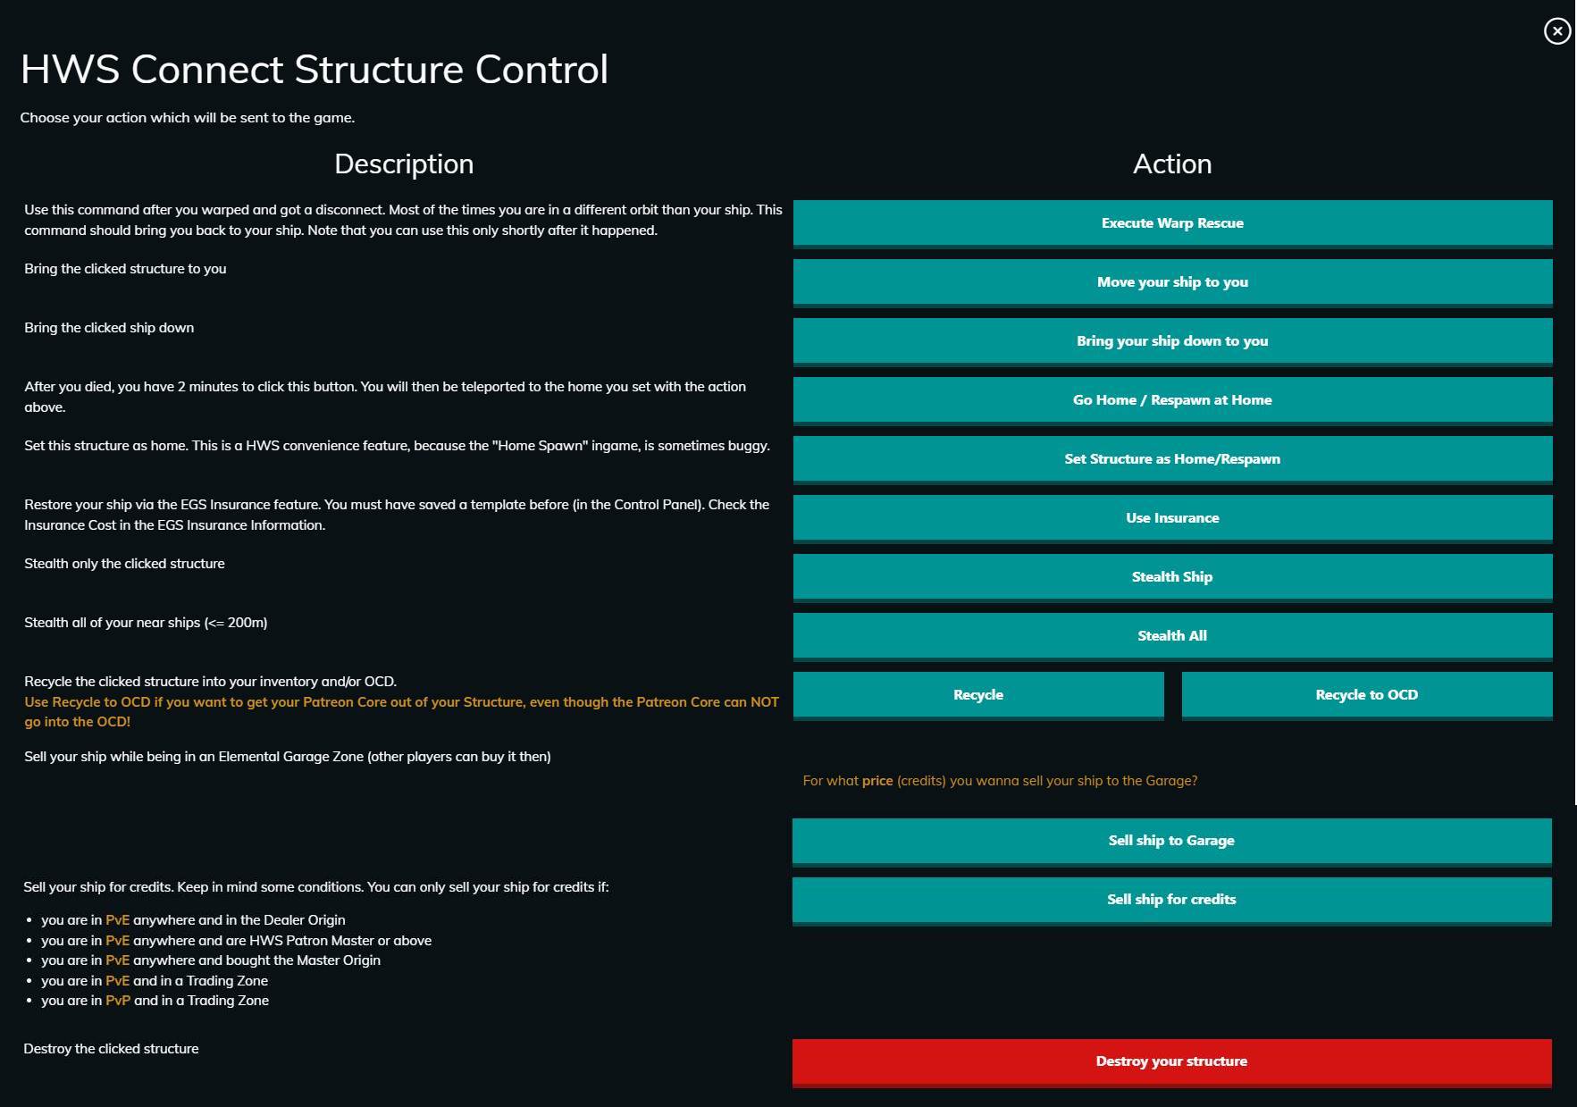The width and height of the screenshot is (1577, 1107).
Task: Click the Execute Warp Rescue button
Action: [x=1172, y=223]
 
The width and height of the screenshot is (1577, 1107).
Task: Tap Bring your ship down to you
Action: [x=1172, y=341]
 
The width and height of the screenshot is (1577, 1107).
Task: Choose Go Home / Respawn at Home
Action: [x=1172, y=400]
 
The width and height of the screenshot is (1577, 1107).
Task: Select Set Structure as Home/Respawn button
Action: [x=1172, y=459]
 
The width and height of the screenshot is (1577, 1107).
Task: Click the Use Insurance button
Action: [x=1172, y=518]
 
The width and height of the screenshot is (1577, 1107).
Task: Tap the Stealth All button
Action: [x=1172, y=636]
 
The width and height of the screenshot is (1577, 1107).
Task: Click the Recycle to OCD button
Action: [x=1367, y=695]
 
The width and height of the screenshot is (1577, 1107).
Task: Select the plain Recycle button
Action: [x=978, y=695]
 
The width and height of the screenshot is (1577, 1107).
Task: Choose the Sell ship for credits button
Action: [x=1171, y=900]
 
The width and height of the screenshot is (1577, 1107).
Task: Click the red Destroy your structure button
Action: [x=1171, y=1062]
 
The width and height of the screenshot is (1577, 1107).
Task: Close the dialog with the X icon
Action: [x=1557, y=31]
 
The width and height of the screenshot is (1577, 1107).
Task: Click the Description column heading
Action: [x=404, y=164]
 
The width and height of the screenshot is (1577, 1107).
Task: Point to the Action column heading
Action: [x=1172, y=164]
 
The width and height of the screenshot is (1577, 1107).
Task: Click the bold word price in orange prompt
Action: [x=877, y=782]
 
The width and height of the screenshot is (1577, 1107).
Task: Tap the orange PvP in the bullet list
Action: [x=118, y=1001]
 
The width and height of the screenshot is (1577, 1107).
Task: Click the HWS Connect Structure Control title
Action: [x=315, y=70]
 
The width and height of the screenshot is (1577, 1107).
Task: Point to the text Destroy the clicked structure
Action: [x=111, y=1049]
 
